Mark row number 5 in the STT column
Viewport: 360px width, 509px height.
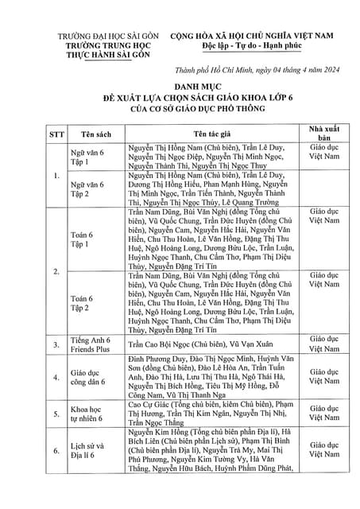pyautogui.click(x=56, y=414)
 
